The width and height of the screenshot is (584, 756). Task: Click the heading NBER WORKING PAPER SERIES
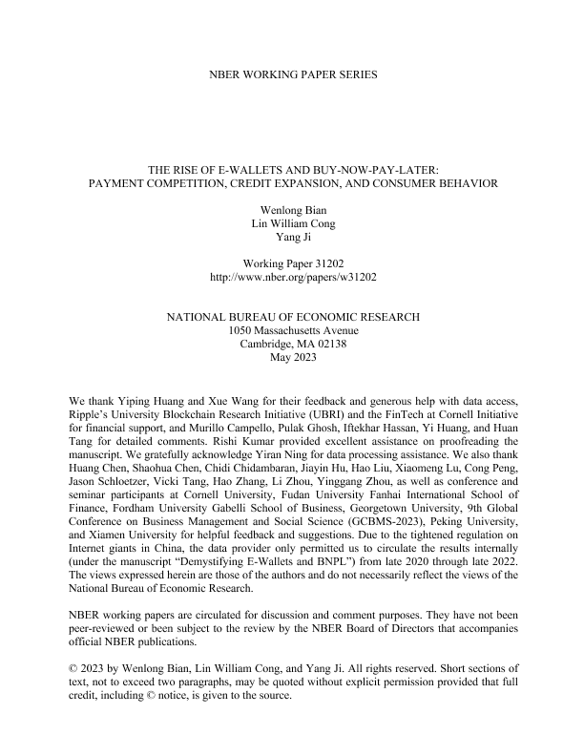point(292,73)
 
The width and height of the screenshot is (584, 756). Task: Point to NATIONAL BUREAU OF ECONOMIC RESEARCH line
point(292,315)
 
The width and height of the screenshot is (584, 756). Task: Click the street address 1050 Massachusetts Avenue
point(292,329)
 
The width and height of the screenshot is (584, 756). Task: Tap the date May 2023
point(292,358)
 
